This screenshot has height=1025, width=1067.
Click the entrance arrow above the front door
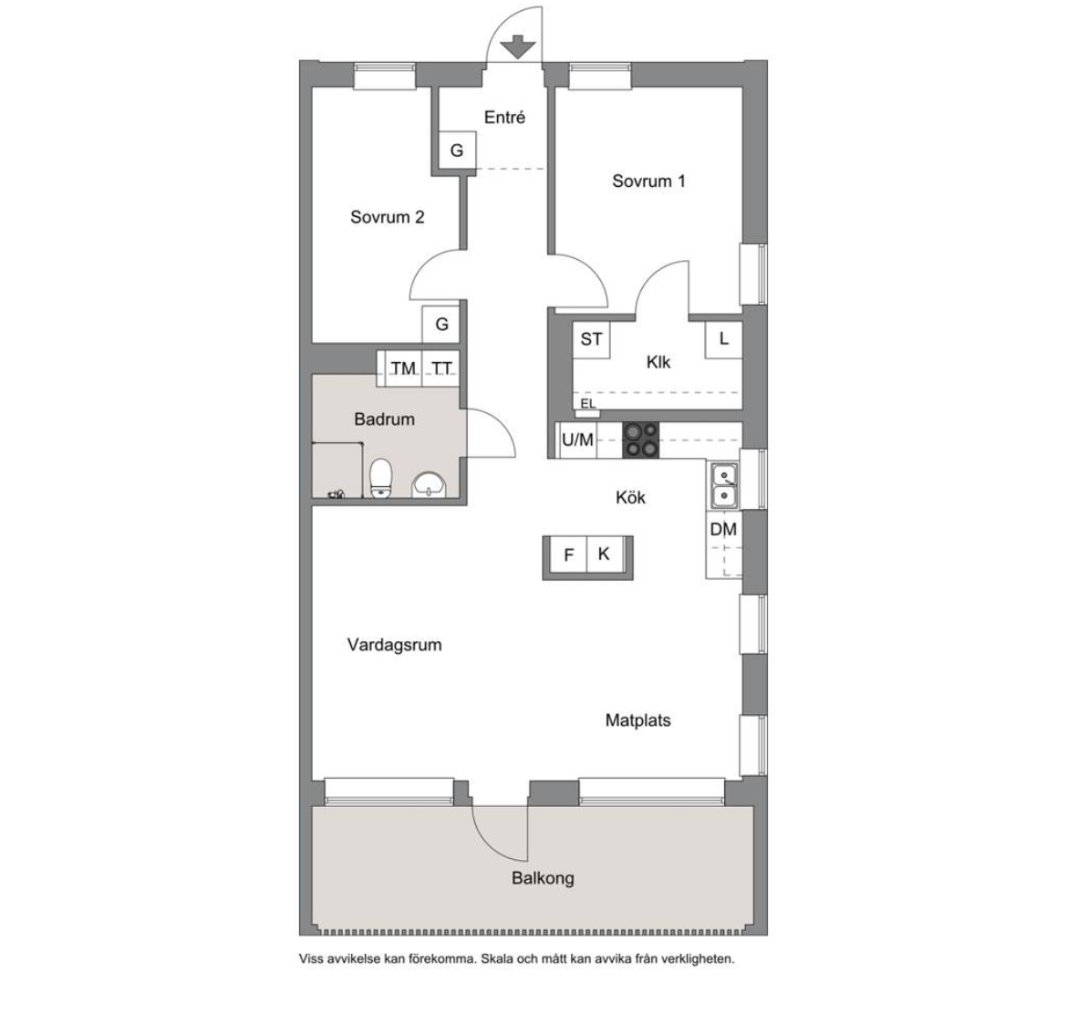[518, 47]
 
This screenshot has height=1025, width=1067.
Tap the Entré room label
[505, 118]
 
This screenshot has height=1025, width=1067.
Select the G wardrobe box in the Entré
[456, 150]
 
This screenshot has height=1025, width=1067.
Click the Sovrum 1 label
[648, 181]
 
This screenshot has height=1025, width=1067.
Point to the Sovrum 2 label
[388, 217]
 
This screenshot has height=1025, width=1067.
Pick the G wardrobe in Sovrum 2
[441, 325]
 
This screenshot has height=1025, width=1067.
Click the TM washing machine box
[403, 368]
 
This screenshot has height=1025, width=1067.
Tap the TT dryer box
[441, 368]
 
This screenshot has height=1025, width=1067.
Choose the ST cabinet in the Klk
[591, 338]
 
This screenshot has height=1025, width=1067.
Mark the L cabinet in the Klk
[723, 338]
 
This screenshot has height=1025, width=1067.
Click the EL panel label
[588, 404]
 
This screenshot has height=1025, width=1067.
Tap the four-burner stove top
[641, 440]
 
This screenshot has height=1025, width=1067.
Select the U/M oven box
[577, 440]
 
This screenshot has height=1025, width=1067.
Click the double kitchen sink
[724, 485]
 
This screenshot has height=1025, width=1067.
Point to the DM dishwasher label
[723, 530]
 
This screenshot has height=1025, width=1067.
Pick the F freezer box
[568, 555]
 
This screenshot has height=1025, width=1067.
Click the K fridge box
[605, 555]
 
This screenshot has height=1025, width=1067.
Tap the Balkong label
[543, 879]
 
